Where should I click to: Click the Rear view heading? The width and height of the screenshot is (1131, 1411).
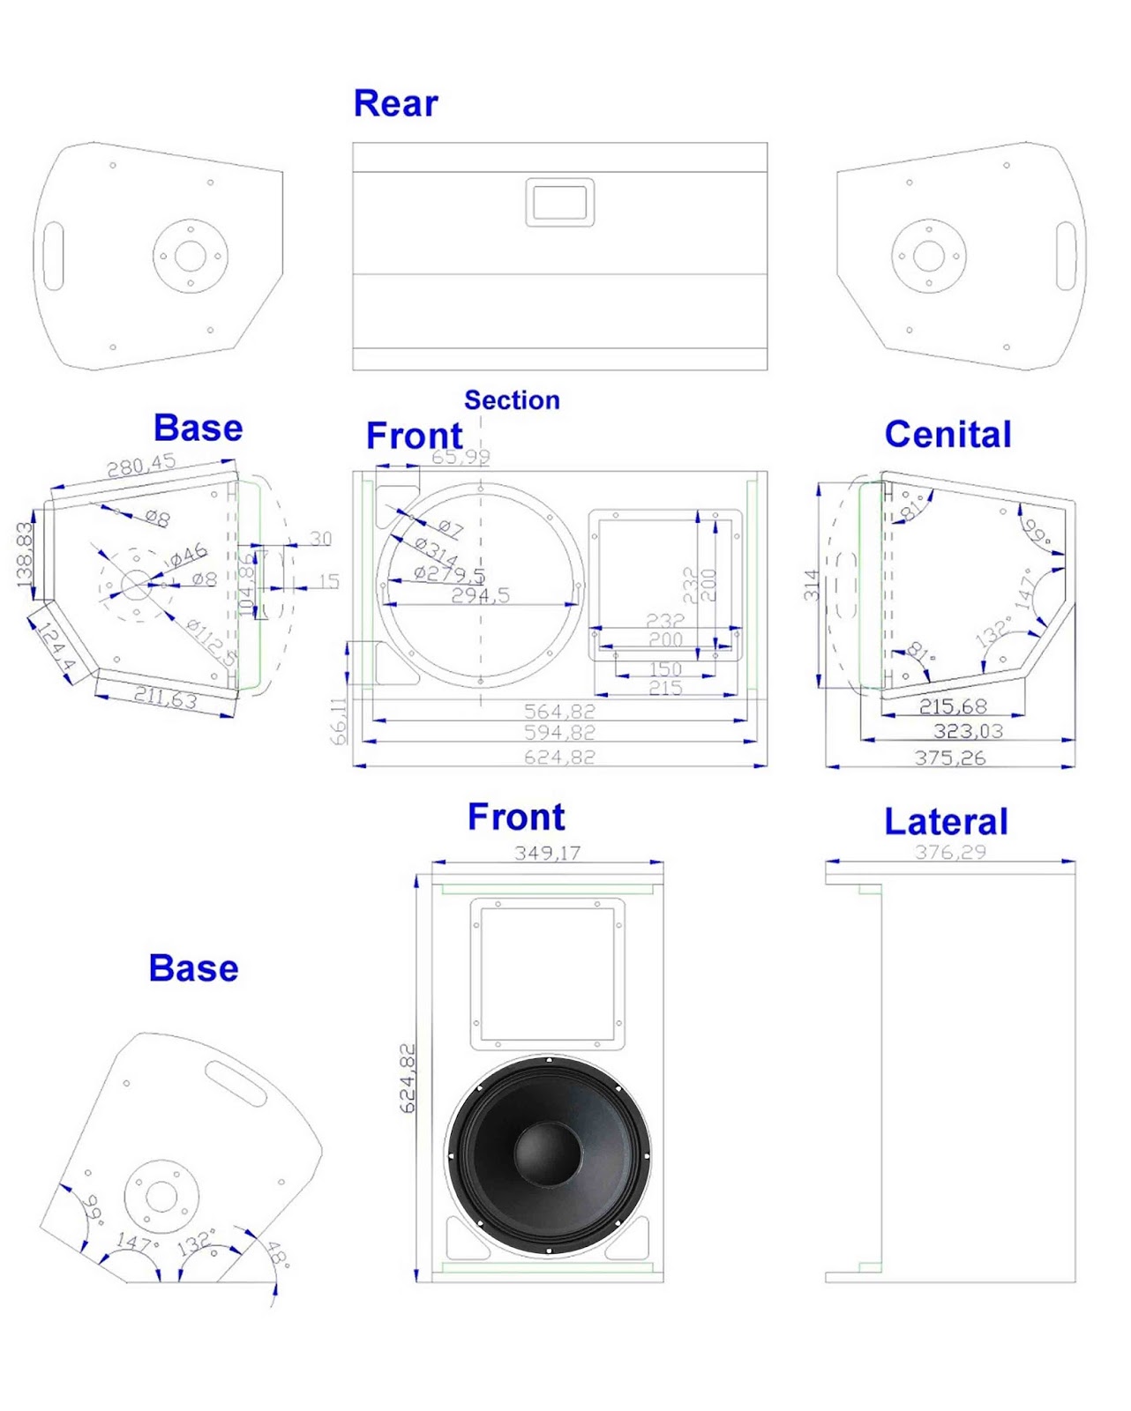[x=395, y=103]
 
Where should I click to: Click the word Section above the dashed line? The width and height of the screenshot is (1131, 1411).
[x=512, y=400]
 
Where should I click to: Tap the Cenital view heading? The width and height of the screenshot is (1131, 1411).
[x=947, y=435]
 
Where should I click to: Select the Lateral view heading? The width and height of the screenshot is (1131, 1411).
[x=946, y=822]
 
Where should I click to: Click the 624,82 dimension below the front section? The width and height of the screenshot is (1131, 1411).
[x=559, y=757]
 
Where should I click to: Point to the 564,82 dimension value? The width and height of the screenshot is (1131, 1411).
[x=559, y=711]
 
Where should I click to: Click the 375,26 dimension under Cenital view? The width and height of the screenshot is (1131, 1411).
[x=949, y=758]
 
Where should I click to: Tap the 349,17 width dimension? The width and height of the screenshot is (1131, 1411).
[x=547, y=853]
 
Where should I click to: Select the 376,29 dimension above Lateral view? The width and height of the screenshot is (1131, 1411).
[x=950, y=852]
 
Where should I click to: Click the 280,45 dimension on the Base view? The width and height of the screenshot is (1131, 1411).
[x=141, y=466]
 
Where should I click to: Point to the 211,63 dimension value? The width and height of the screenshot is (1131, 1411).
[x=165, y=698]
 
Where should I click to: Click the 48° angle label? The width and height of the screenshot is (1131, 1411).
[x=278, y=1253]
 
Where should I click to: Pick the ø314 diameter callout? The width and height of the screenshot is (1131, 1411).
[x=436, y=552]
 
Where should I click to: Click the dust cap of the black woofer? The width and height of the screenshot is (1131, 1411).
[x=547, y=1153]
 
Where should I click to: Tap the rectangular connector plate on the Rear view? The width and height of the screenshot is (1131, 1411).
[x=560, y=202]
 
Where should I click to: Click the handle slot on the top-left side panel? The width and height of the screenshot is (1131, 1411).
[x=54, y=256]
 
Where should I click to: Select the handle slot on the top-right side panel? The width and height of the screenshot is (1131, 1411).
[x=1066, y=256]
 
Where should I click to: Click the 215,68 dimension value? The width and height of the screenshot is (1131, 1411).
[x=953, y=706]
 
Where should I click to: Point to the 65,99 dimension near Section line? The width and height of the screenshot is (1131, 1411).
[x=461, y=457]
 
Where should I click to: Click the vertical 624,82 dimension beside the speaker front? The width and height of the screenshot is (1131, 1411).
[x=408, y=1078]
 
